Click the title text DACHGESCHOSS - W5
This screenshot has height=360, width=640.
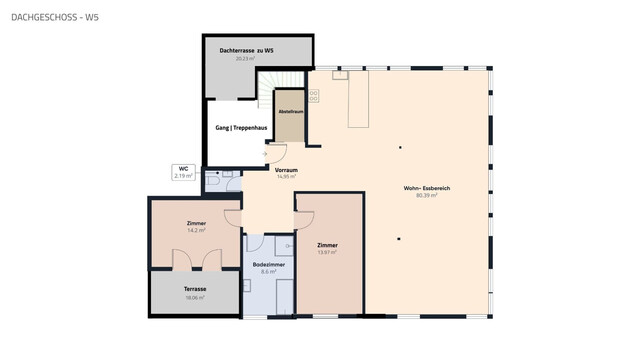[55, 18]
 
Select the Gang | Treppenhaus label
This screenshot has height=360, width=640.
[240, 129]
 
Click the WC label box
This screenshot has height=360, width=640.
[183, 171]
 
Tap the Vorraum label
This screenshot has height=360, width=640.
[286, 170]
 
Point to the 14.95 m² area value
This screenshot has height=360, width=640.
[286, 177]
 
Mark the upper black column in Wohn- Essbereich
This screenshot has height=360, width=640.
[400, 148]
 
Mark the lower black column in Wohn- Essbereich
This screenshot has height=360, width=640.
[398, 238]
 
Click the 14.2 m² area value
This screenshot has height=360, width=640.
[196, 230]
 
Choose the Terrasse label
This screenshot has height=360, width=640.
[195, 289]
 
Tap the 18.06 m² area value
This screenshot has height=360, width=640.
[195, 297]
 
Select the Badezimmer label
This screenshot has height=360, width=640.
[268, 264]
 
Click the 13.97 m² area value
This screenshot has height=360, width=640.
[327, 253]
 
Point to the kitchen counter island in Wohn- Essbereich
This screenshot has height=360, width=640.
[358, 100]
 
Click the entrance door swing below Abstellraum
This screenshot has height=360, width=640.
[277, 154]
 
